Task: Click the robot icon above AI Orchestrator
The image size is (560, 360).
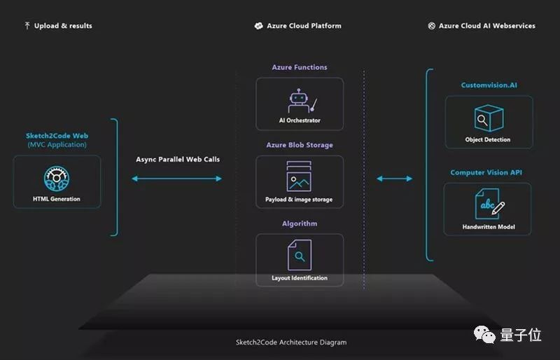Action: [x=302, y=101]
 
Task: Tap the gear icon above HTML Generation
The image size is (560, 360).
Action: [x=57, y=179]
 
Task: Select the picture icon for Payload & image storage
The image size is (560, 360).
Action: [x=299, y=176]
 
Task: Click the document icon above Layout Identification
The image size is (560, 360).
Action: [x=300, y=255]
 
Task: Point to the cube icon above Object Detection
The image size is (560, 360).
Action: [x=489, y=118]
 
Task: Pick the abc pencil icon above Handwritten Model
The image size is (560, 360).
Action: [x=489, y=204]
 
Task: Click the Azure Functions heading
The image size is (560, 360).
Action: [x=300, y=67]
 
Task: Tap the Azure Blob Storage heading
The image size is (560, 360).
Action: [x=300, y=145]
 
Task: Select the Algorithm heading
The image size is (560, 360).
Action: [x=300, y=224]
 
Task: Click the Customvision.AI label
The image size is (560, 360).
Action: [x=489, y=85]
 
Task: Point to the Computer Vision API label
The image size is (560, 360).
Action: [x=486, y=172]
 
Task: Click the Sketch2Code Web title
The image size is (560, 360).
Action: [x=57, y=136]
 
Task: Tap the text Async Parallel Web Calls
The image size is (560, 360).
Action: [x=178, y=160]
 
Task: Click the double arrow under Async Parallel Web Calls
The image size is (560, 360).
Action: [x=177, y=179]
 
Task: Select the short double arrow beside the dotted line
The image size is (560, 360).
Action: [x=395, y=179]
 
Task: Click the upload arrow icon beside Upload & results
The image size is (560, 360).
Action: [x=27, y=26]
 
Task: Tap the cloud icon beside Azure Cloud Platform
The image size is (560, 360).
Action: [x=258, y=26]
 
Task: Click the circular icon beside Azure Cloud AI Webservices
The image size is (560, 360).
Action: [x=432, y=26]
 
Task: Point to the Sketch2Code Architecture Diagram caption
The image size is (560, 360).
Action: [x=291, y=342]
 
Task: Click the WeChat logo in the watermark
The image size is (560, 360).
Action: [x=484, y=335]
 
